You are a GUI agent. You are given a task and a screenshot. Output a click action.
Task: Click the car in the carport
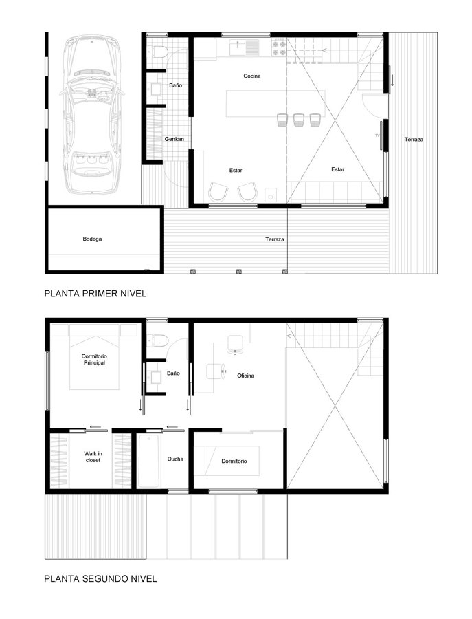click(x=92, y=114)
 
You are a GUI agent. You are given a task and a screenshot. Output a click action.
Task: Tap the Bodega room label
click(x=92, y=239)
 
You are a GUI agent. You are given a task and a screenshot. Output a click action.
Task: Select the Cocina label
click(x=252, y=76)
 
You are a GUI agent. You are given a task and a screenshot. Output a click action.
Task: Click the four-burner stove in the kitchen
click(x=278, y=47)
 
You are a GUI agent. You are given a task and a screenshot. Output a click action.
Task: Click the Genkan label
click(x=175, y=139)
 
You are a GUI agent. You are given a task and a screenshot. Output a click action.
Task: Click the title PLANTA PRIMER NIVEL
click(x=95, y=294)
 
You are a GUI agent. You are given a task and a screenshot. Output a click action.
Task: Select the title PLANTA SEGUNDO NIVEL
click(x=100, y=578)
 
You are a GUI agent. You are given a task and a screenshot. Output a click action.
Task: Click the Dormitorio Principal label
click(x=94, y=359)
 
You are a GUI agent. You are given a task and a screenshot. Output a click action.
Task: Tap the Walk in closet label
click(x=93, y=457)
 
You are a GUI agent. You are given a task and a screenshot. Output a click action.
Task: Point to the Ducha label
click(x=175, y=459)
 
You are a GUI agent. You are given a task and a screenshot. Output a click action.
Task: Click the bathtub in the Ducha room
click(x=148, y=461)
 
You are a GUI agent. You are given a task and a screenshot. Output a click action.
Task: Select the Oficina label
click(x=246, y=376)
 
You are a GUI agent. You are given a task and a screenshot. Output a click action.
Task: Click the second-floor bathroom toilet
click(x=159, y=340)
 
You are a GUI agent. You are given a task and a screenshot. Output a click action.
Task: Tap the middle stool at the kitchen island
click(x=298, y=120)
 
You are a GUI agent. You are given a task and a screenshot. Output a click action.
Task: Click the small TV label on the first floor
click(x=377, y=135)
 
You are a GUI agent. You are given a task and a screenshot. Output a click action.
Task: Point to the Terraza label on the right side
click(x=414, y=140)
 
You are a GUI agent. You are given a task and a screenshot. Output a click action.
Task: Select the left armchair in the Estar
click(x=218, y=191)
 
